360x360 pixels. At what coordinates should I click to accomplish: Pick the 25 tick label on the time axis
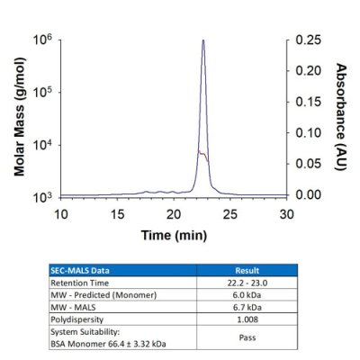click(x=230, y=213)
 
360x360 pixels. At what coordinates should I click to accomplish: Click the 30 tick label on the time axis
click(x=286, y=213)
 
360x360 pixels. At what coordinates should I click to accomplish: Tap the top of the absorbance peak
click(x=203, y=40)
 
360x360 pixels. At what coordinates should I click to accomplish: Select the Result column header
click(x=246, y=269)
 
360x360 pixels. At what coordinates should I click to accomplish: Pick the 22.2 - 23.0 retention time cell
click(x=246, y=281)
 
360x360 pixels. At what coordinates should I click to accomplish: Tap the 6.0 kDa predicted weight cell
click(x=246, y=293)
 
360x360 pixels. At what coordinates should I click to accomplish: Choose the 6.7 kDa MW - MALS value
click(x=246, y=305)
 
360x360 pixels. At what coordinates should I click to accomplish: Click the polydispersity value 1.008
click(x=246, y=318)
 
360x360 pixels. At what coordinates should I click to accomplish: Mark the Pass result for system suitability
click(x=246, y=335)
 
